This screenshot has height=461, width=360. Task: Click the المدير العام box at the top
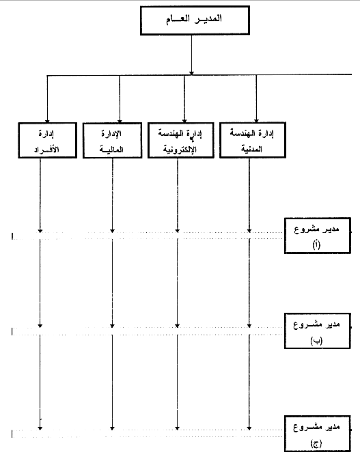point(195,20)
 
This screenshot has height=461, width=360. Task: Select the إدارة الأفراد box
point(47,141)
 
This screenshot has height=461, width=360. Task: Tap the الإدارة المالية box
point(112,141)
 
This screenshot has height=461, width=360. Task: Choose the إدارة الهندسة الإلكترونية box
point(181,141)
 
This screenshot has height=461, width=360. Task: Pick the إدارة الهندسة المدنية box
point(253,140)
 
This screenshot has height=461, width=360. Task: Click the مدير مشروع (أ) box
point(318,236)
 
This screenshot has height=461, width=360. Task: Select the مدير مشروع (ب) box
point(318,331)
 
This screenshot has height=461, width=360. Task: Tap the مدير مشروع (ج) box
point(318,434)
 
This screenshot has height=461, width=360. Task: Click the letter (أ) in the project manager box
point(316,245)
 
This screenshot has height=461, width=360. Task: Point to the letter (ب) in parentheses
point(316,341)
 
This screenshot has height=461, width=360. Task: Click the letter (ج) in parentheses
point(316,443)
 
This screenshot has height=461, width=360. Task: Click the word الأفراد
point(46,150)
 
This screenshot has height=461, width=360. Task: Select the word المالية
point(111,150)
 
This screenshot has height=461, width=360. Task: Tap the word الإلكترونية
point(180,150)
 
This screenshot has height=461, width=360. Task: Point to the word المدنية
point(252,149)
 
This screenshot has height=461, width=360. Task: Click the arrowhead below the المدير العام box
point(191,73)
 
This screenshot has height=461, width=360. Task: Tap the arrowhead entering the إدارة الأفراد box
point(47,121)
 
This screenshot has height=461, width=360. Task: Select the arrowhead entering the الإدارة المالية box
point(120,121)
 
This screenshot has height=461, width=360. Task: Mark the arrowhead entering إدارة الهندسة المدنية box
point(256,120)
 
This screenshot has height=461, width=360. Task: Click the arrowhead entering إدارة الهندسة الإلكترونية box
point(184,121)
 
